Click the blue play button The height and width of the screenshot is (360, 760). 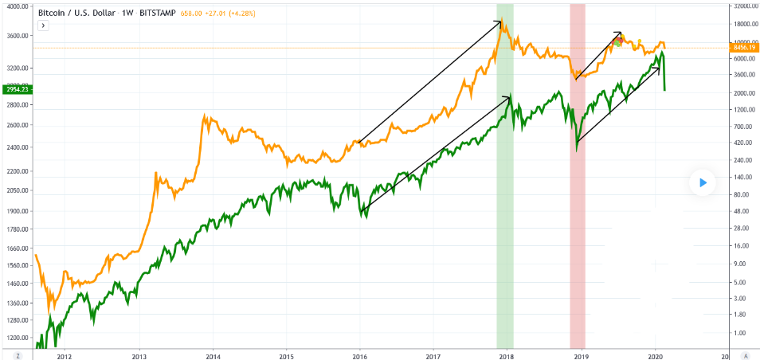(x=703, y=182)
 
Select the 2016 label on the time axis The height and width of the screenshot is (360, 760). (x=360, y=356)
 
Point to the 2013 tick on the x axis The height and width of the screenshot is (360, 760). (x=139, y=356)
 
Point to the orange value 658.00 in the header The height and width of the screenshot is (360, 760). (x=190, y=13)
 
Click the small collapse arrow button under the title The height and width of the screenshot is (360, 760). (x=44, y=25)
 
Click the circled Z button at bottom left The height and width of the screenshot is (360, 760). (x=18, y=356)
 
